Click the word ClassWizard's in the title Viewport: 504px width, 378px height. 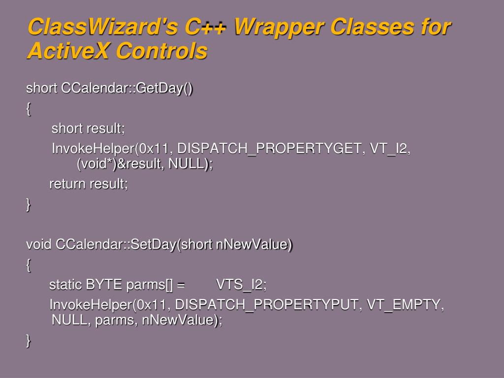pyautogui.click(x=102, y=27)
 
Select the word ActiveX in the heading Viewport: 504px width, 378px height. pyautogui.click(x=68, y=51)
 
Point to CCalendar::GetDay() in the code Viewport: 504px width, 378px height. pyautogui.click(x=127, y=88)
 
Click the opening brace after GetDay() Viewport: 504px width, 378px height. pyautogui.click(x=28, y=109)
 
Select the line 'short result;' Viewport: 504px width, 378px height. pyautogui.click(x=88, y=128)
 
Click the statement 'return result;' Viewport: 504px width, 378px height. pyautogui.click(x=89, y=184)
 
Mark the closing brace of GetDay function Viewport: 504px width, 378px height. pyautogui.click(x=28, y=205)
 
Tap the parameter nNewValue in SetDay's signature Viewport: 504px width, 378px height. pyautogui.click(x=254, y=244)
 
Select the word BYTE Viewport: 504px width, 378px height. pyautogui.click(x=104, y=285)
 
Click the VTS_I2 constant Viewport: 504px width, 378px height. pyautogui.click(x=241, y=285)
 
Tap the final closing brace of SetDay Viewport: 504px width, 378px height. pyautogui.click(x=28, y=341)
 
